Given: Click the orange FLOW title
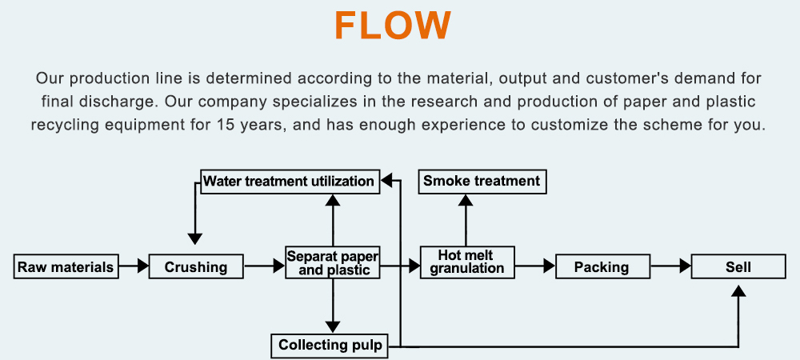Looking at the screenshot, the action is [x=393, y=26].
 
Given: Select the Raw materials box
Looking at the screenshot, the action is [x=66, y=266].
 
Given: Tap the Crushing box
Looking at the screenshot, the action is [x=196, y=266].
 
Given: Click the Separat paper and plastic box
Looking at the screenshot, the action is [x=333, y=262].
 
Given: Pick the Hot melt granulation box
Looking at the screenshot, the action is [x=467, y=262].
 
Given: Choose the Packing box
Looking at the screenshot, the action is [x=602, y=266].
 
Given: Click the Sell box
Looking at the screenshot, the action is [x=738, y=266].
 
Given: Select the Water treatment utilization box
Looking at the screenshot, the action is [x=290, y=181].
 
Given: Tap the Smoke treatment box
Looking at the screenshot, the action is [x=482, y=181].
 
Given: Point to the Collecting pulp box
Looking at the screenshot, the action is [x=330, y=346].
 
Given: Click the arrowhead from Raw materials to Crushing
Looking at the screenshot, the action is [x=142, y=266].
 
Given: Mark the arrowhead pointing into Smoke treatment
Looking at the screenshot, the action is [x=466, y=200].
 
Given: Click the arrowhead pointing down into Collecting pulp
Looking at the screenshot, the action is [x=333, y=327].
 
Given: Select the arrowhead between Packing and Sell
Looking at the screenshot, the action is [x=685, y=266].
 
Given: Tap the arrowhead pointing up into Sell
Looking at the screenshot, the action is [x=738, y=290].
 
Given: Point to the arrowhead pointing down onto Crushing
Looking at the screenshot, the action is [x=195, y=238].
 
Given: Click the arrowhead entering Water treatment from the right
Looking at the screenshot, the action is [x=386, y=180].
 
